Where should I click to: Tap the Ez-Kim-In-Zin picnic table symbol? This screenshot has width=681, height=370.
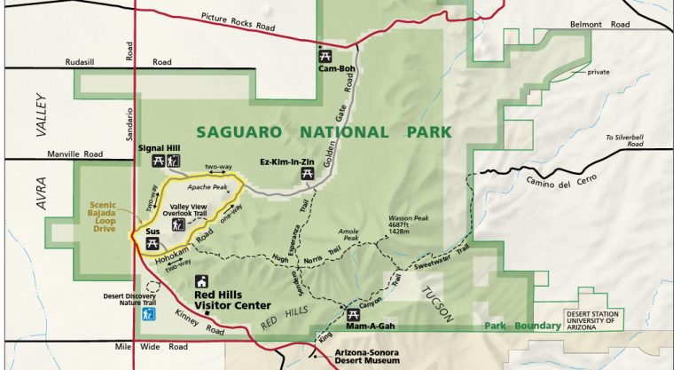point(308,174)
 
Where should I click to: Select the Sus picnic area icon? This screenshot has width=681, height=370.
point(151,240)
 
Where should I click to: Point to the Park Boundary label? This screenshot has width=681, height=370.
point(522,326)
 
